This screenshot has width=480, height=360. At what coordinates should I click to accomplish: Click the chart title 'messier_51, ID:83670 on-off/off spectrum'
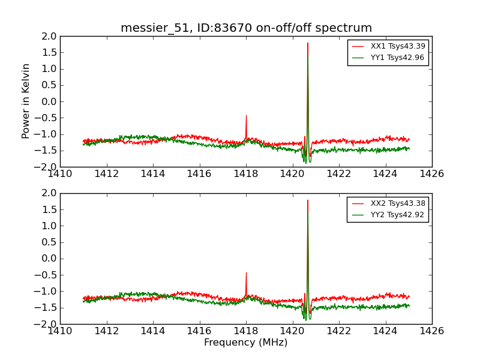click(246, 28)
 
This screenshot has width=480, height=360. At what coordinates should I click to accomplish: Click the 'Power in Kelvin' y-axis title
click(26, 101)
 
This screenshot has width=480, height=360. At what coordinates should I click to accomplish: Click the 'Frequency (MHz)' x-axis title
click(246, 343)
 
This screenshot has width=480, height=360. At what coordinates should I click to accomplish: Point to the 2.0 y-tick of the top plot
click(49, 36)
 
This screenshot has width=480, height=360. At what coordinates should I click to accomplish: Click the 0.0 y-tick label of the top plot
click(49, 101)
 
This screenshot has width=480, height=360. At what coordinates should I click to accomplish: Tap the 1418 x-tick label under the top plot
click(246, 174)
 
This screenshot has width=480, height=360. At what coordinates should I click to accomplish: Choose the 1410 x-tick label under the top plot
click(61, 174)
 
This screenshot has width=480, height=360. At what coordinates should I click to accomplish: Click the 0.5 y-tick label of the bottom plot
click(49, 242)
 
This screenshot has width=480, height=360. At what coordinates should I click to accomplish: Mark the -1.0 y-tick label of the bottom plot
click(47, 292)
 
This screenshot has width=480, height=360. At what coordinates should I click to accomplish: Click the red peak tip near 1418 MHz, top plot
click(246, 116)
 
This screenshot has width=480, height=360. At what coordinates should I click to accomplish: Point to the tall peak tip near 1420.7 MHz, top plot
click(308, 43)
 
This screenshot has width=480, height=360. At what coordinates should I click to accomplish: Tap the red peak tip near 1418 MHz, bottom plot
click(246, 273)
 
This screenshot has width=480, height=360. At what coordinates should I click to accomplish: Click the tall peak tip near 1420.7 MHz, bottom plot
click(308, 200)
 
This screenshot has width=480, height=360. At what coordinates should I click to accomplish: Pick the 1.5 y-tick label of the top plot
click(49, 52)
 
